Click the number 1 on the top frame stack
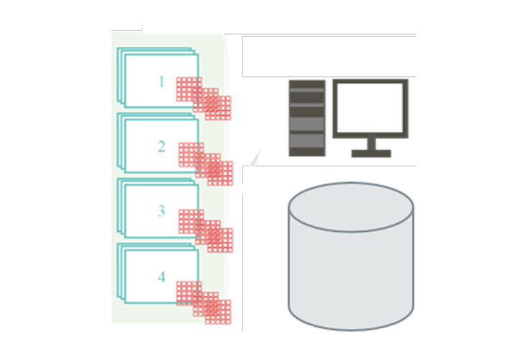[x=162, y=81]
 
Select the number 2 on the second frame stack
[x=162, y=147]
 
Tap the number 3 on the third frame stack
[x=162, y=211]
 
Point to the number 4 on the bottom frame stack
[x=162, y=276]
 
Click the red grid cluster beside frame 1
[x=204, y=99]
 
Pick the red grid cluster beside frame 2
[x=206, y=164]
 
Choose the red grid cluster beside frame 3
[x=206, y=231]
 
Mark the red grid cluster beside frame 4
[x=204, y=302]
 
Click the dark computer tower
[x=307, y=118]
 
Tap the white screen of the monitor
[x=370, y=108]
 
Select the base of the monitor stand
[x=371, y=153]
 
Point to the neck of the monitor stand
[x=371, y=143]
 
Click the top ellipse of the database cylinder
[x=351, y=207]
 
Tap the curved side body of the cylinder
[x=351, y=280]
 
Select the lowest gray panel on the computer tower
[x=307, y=140]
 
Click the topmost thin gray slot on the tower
[x=307, y=90]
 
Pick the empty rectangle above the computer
[x=329, y=56]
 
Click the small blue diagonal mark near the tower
[x=256, y=158]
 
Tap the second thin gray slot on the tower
[x=307, y=105]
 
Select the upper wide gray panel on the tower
[x=307, y=123]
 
